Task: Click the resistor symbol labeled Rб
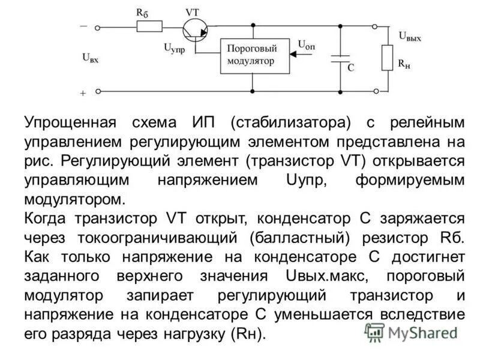tap(149, 27)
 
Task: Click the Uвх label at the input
tap(91, 59)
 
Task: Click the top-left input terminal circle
tap(97, 27)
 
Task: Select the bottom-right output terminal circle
tap(376, 91)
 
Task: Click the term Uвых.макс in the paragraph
tap(322, 277)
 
